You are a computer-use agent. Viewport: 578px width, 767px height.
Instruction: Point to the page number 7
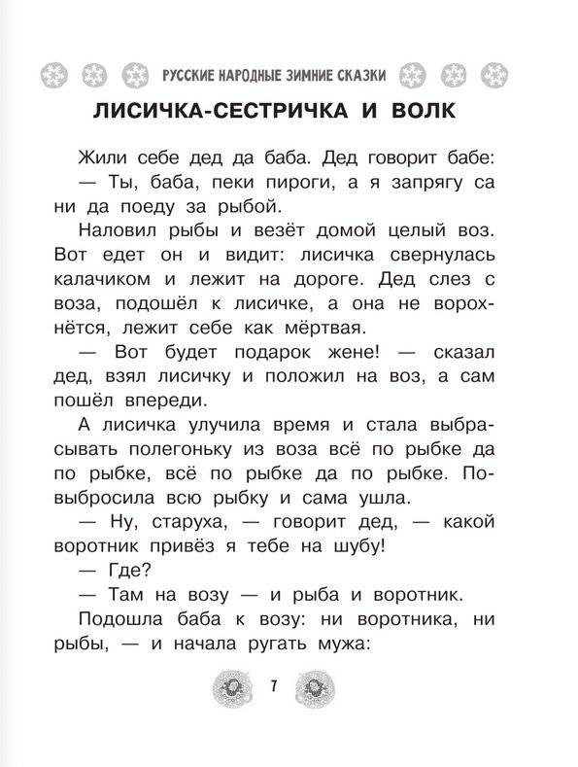coord(275,689)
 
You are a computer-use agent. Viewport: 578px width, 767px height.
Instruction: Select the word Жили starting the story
coord(97,155)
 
